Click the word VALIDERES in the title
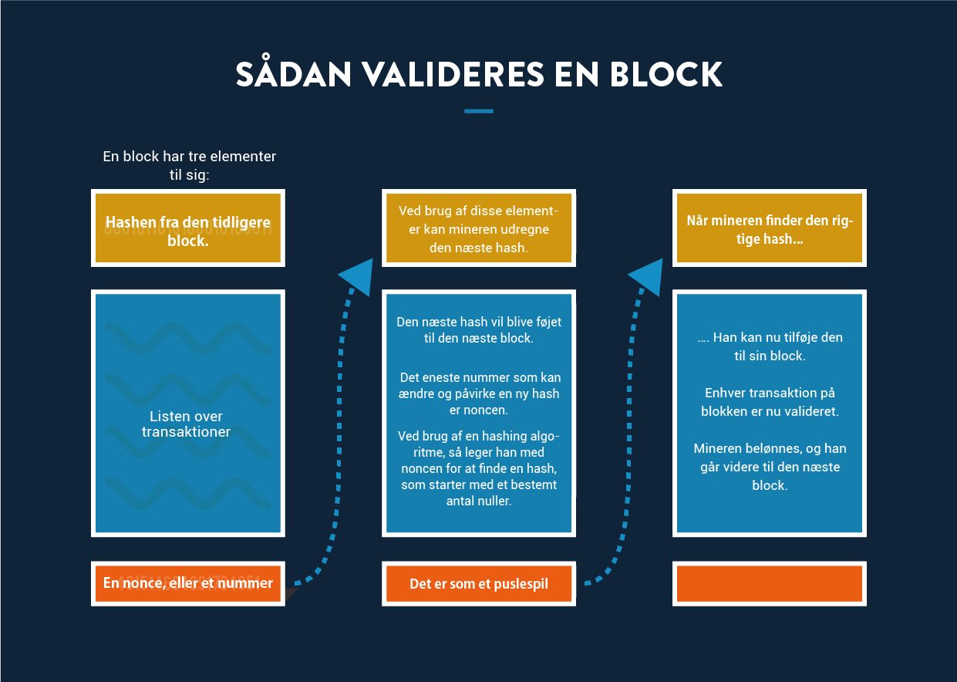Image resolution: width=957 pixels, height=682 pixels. click(x=453, y=74)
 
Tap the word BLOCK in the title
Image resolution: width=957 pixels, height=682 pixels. click(x=666, y=74)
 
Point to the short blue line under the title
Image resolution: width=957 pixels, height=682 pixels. click(x=478, y=111)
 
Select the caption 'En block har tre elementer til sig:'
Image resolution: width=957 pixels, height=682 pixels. click(x=189, y=165)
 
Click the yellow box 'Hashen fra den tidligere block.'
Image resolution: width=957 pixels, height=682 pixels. click(x=188, y=228)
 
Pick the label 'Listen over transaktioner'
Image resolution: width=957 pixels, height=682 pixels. click(x=186, y=424)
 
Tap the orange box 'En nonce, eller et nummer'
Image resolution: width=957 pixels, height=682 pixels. click(x=188, y=583)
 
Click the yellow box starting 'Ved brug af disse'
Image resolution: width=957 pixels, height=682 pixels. click(x=478, y=228)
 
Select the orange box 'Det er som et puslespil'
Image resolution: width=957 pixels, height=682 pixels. click(x=478, y=583)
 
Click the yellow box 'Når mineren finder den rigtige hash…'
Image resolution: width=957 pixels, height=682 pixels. click(x=770, y=228)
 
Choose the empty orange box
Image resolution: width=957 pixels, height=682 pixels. click(x=770, y=583)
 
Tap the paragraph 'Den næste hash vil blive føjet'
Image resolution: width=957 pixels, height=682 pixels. click(x=478, y=330)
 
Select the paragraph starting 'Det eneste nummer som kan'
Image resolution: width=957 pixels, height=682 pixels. click(x=478, y=393)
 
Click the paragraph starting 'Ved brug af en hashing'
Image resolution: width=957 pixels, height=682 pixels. click(x=478, y=468)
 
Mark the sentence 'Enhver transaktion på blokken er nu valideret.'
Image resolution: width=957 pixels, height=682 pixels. click(x=770, y=402)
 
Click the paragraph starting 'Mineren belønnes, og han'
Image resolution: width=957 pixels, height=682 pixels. click(x=770, y=467)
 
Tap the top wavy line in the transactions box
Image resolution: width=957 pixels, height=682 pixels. click(x=188, y=339)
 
